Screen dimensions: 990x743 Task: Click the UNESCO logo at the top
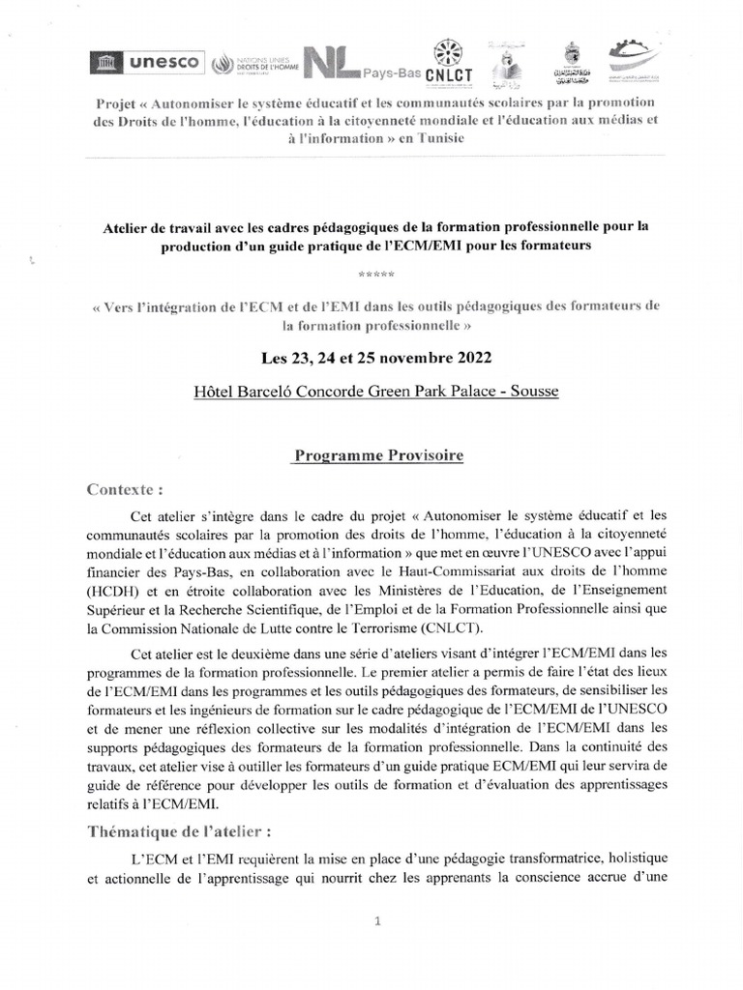point(146,62)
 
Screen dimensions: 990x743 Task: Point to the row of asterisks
point(371,278)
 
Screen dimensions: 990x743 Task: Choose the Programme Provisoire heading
point(377,455)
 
